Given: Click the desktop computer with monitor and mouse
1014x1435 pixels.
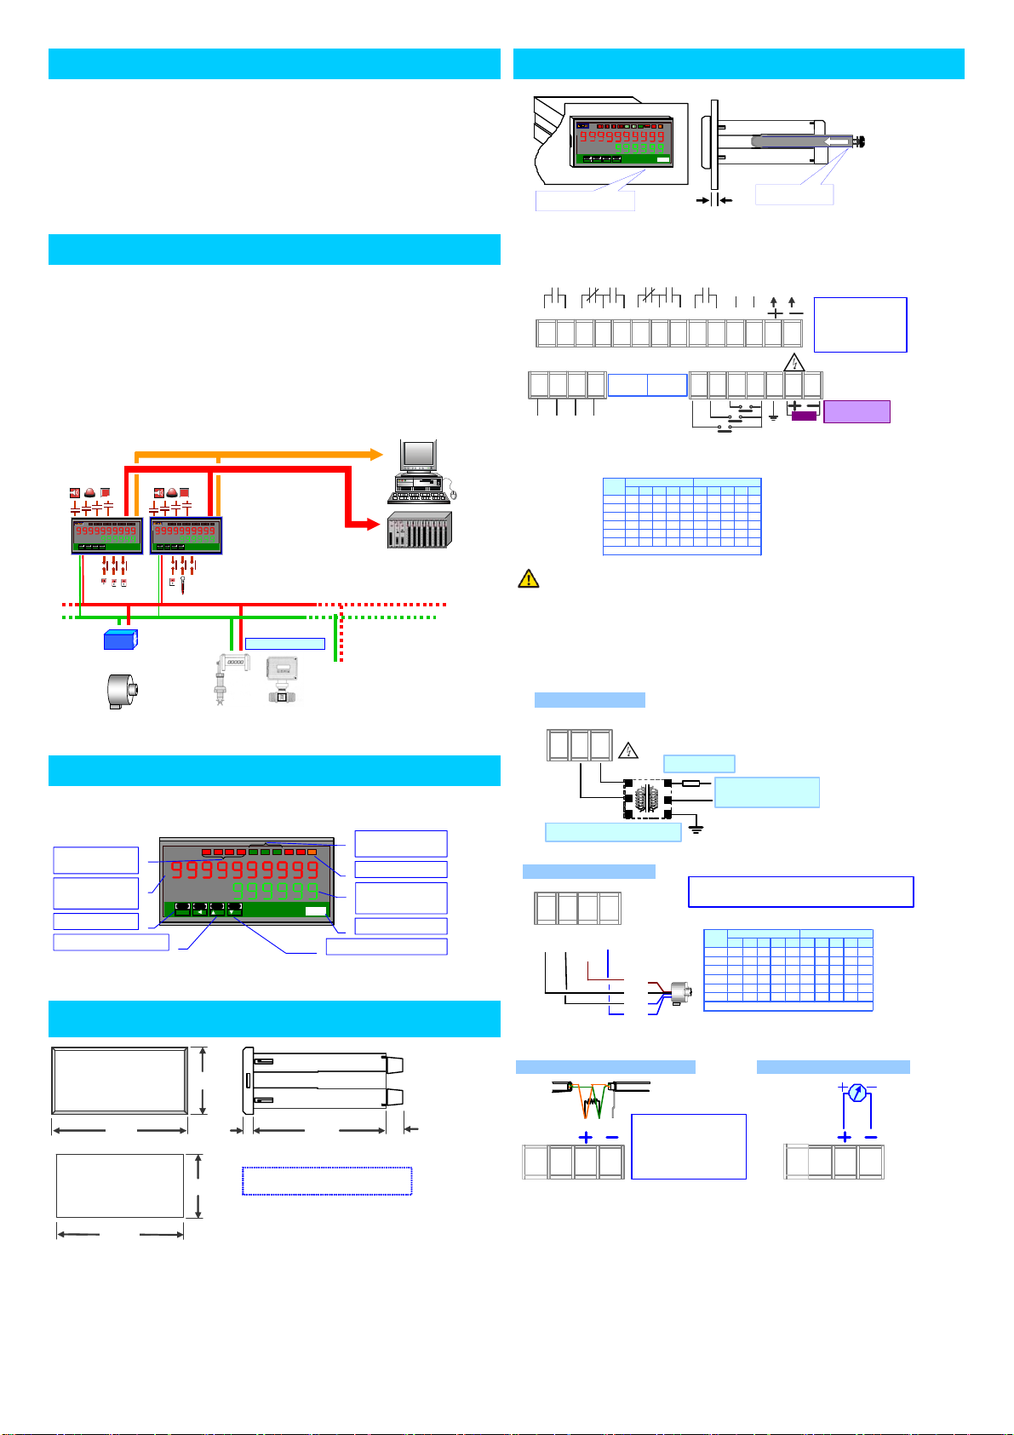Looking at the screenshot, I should coord(420,473).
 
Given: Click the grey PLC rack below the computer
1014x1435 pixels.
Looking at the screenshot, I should coord(419,530).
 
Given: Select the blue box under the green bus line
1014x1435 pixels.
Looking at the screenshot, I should coord(120,640).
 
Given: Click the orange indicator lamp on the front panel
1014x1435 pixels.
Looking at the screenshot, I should coord(312,852).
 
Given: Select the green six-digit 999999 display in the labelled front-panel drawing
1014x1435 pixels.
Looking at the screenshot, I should coord(275,891).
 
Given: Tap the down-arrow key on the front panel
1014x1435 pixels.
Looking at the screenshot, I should coord(235,910).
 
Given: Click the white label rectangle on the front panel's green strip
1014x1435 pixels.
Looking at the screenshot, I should coord(315,911).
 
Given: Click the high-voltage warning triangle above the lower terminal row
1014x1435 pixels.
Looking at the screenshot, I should coord(793,362).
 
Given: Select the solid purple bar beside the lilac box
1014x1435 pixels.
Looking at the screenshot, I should coord(804,416).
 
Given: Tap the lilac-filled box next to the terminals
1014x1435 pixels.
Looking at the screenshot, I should coord(856,412).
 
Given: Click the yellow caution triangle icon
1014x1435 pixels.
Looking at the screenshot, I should coord(528,579).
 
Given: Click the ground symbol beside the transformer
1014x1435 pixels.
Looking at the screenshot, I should coord(696,828).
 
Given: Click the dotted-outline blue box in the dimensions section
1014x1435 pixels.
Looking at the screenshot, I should coord(327,1181).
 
